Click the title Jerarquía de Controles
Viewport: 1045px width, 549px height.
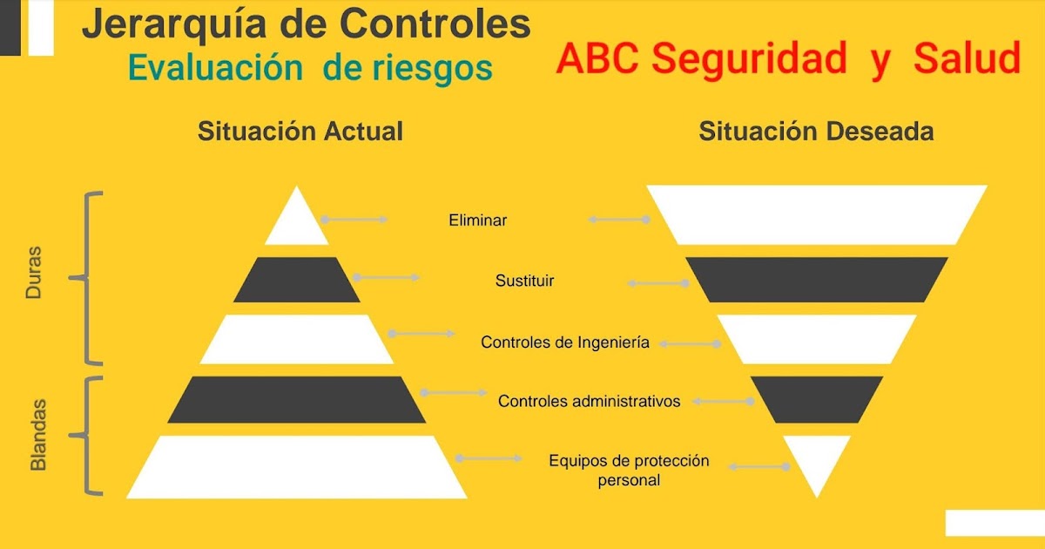click(x=306, y=24)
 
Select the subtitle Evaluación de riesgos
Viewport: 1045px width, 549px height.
click(x=310, y=68)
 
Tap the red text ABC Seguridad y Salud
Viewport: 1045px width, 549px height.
click(x=788, y=59)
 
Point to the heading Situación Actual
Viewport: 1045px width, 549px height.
click(x=300, y=132)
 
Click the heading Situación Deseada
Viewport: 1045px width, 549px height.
click(x=816, y=132)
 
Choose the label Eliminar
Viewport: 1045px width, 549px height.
click(x=477, y=220)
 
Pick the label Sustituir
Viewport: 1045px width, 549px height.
click(x=524, y=281)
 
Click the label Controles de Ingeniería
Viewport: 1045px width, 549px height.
click(x=565, y=342)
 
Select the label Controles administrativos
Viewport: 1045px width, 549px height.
click(x=589, y=401)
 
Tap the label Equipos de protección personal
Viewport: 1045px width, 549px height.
click(x=629, y=470)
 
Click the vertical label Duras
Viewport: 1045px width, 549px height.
click(x=34, y=278)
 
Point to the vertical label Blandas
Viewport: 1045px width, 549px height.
click(x=38, y=436)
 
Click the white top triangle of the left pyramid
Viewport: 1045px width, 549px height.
click(x=297, y=223)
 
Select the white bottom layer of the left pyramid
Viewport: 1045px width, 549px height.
click(x=297, y=467)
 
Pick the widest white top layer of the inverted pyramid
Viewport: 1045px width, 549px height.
click(x=816, y=214)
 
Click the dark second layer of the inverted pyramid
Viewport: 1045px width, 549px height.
click(x=816, y=280)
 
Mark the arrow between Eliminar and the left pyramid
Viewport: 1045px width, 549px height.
click(x=354, y=220)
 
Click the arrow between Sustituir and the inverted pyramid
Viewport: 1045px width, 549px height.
click(x=659, y=283)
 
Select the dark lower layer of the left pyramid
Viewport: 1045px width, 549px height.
click(x=297, y=400)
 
